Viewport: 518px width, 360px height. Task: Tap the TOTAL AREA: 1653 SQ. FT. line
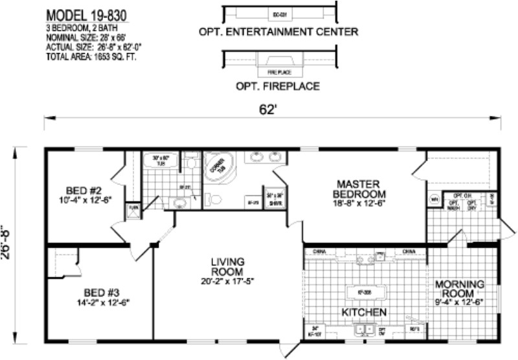[93, 56]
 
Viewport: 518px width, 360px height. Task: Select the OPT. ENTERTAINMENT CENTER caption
[279, 31]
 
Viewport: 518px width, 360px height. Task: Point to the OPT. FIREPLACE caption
[279, 84]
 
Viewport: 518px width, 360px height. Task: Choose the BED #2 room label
[84, 195]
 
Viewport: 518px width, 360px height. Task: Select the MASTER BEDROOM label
[359, 190]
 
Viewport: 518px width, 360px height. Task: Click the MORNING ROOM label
[460, 289]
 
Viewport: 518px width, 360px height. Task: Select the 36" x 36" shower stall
[274, 198]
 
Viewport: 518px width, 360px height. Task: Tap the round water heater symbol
[434, 199]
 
